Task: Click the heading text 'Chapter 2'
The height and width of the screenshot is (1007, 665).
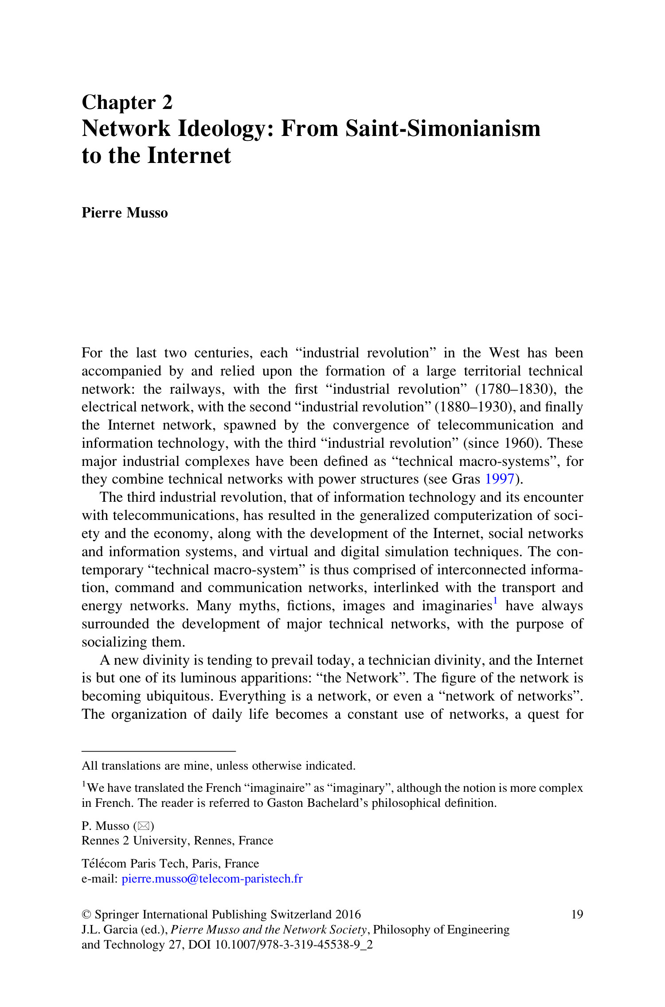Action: pyautogui.click(x=127, y=102)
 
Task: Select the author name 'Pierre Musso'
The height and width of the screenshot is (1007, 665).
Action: pyautogui.click(x=125, y=213)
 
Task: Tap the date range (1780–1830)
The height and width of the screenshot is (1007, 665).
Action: pyautogui.click(x=516, y=389)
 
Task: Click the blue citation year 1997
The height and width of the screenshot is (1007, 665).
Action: pyautogui.click(x=500, y=479)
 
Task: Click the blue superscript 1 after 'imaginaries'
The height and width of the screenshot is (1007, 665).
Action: pyautogui.click(x=495, y=601)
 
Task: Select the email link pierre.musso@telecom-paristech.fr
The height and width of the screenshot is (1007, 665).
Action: pyautogui.click(x=212, y=879)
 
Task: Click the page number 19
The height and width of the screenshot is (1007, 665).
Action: pyautogui.click(x=577, y=914)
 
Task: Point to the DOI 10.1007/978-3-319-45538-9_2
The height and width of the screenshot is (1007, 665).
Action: pyautogui.click(x=293, y=945)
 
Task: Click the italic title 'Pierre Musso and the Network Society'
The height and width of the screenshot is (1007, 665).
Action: pyautogui.click(x=269, y=930)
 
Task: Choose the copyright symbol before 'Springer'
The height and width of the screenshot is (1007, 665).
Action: pyautogui.click(x=86, y=915)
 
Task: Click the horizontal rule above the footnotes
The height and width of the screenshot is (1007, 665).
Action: pyautogui.click(x=158, y=751)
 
